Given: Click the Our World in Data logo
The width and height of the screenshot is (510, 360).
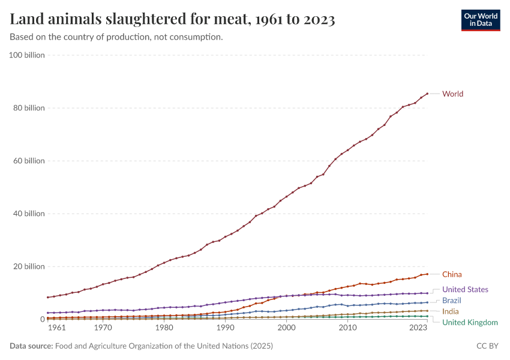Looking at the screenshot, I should (480, 20).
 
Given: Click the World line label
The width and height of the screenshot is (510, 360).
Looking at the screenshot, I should (452, 94).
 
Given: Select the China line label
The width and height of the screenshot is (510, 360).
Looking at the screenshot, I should (452, 274).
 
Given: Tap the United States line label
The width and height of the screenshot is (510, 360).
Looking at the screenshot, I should (465, 290).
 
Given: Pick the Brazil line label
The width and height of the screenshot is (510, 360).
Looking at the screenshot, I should (452, 301).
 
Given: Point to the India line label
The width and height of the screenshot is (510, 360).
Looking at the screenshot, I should (451, 311).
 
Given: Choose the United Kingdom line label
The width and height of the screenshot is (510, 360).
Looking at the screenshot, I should (470, 323).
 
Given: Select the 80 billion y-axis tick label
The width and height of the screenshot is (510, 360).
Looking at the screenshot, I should (29, 108).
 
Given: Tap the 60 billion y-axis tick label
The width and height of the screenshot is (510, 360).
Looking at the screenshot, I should (29, 161).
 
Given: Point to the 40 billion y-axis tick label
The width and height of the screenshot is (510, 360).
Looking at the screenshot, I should (29, 214).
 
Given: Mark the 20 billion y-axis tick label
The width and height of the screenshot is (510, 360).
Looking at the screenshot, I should (29, 266).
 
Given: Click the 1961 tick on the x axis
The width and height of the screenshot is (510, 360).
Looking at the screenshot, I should (56, 328).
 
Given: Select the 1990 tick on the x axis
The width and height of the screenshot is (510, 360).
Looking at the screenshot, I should (225, 328).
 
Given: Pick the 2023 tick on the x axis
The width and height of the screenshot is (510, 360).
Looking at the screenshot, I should (418, 328).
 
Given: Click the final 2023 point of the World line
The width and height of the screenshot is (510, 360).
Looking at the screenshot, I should (427, 94).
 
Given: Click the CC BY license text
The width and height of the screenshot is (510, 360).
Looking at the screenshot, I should (487, 346).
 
